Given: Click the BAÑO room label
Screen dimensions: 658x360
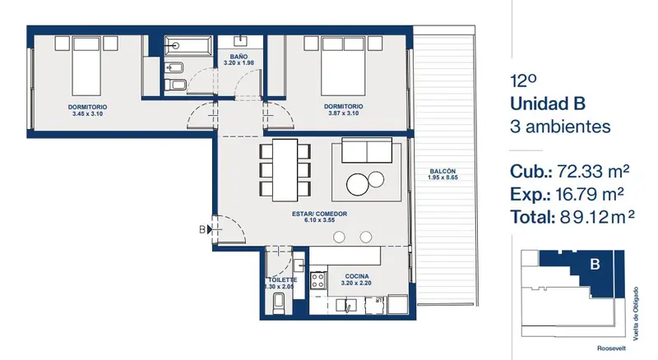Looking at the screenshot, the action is click(239, 57).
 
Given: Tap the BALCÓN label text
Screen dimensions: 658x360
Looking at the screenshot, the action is click(443, 171).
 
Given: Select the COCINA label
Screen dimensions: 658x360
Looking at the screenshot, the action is click(357, 276).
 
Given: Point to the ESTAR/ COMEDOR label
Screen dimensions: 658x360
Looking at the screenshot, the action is click(319, 214).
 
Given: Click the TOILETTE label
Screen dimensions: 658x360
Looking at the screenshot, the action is click(283, 279).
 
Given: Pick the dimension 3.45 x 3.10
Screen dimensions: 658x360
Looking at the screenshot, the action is click(87, 113).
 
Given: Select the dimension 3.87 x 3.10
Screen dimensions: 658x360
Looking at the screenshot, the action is click(343, 113).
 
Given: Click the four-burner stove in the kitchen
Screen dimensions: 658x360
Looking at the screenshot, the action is click(318, 280).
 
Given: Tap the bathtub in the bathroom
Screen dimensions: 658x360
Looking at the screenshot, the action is click(188, 46).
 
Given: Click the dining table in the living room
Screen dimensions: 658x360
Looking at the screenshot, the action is click(285, 170).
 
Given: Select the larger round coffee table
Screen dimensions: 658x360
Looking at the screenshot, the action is click(358, 184).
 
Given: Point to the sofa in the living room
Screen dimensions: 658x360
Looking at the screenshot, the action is click(367, 150).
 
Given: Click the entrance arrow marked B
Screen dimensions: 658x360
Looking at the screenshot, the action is click(210, 229).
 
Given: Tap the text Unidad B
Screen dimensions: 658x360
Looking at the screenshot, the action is click(548, 104).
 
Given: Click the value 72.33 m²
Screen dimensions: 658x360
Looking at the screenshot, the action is click(593, 171).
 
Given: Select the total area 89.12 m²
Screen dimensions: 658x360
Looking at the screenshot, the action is click(597, 217).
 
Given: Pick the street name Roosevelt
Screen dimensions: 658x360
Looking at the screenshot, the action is click(611, 348).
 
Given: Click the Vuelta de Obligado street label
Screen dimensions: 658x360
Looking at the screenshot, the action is click(636, 313).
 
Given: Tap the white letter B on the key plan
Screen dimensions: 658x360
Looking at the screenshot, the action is click(595, 265).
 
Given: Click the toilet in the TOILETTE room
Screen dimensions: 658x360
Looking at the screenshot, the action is click(279, 303).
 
